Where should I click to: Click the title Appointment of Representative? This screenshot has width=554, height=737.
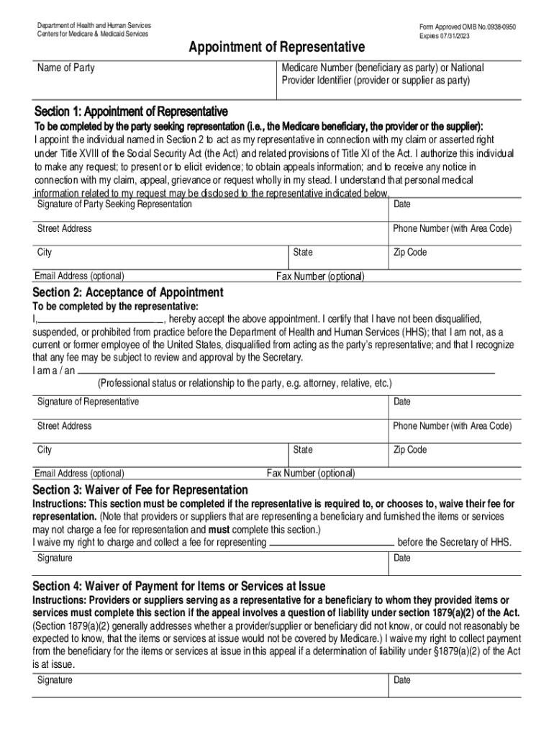[x=276, y=48]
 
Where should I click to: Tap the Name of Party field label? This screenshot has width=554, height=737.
[x=66, y=68]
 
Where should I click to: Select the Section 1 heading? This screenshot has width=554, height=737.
[x=131, y=112]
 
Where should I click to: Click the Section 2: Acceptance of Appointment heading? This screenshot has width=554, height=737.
[x=128, y=293]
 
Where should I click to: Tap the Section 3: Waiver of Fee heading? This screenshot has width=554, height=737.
[x=140, y=490]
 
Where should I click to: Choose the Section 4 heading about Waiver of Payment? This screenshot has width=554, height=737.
[x=179, y=586]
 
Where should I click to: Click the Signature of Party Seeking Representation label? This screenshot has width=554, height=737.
[x=114, y=204]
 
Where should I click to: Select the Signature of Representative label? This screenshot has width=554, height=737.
[x=88, y=402]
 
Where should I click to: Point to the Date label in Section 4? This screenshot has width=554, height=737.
[x=402, y=680]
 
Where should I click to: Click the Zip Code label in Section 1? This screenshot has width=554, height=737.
[x=409, y=253]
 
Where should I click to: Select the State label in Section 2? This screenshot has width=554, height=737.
[x=303, y=450]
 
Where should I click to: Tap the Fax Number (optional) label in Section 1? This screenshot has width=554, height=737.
[x=320, y=276]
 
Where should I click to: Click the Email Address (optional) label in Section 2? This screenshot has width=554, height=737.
[x=79, y=474]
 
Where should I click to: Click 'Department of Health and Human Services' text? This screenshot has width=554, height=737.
[x=94, y=26]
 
